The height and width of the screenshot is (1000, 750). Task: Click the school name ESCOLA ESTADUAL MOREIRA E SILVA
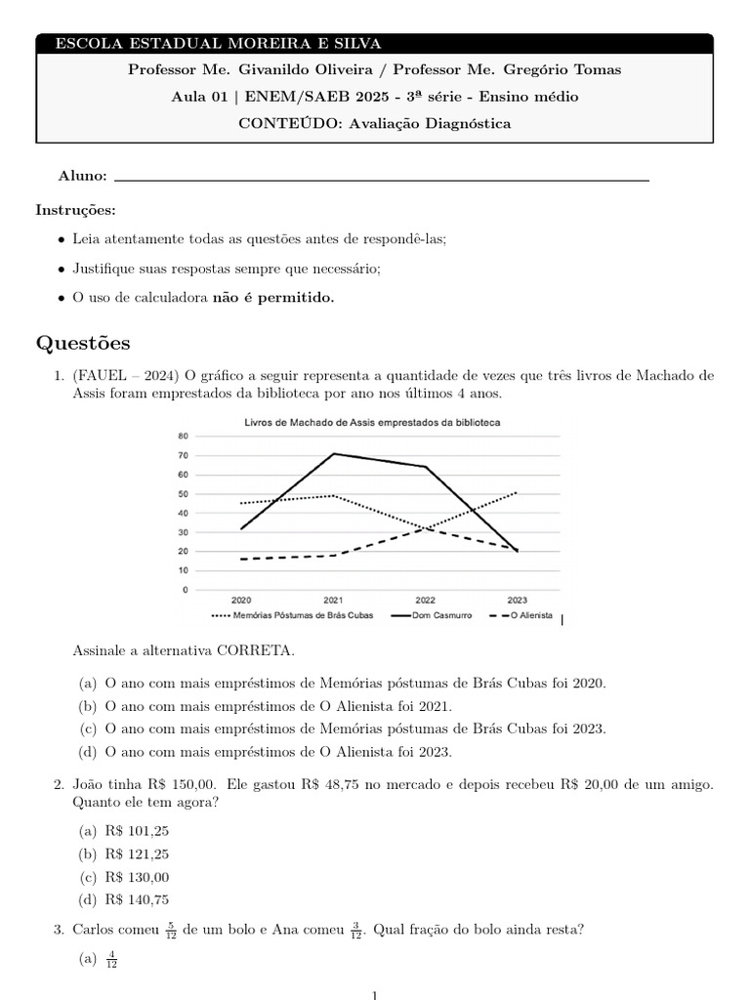point(218,43)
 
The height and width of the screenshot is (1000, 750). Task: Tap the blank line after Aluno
point(381,177)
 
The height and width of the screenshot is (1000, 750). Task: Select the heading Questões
point(83,344)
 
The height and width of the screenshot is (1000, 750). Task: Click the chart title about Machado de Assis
point(372,422)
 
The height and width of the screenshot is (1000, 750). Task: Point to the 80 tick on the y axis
point(183,437)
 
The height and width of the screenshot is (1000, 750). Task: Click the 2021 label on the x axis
point(333,601)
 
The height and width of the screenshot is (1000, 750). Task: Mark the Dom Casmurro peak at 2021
point(334,453)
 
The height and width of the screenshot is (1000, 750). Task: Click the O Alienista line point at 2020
point(241,560)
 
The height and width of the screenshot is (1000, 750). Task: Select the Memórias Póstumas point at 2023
point(516,493)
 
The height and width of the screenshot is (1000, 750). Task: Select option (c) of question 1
point(342,729)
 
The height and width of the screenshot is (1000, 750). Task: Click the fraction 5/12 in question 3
point(171,931)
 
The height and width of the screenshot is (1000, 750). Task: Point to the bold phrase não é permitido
point(273,298)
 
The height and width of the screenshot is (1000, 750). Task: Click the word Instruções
point(75,210)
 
